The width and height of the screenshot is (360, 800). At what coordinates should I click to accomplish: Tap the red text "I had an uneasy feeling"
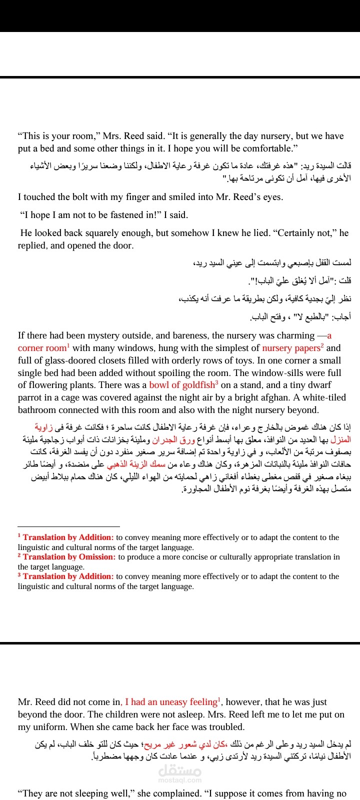click(x=171, y=702)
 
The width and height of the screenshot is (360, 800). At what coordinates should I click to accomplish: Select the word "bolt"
click(x=72, y=197)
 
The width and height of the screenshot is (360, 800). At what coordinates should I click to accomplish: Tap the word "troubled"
click(x=225, y=727)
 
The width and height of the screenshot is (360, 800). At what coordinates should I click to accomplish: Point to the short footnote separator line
click(x=68, y=526)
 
